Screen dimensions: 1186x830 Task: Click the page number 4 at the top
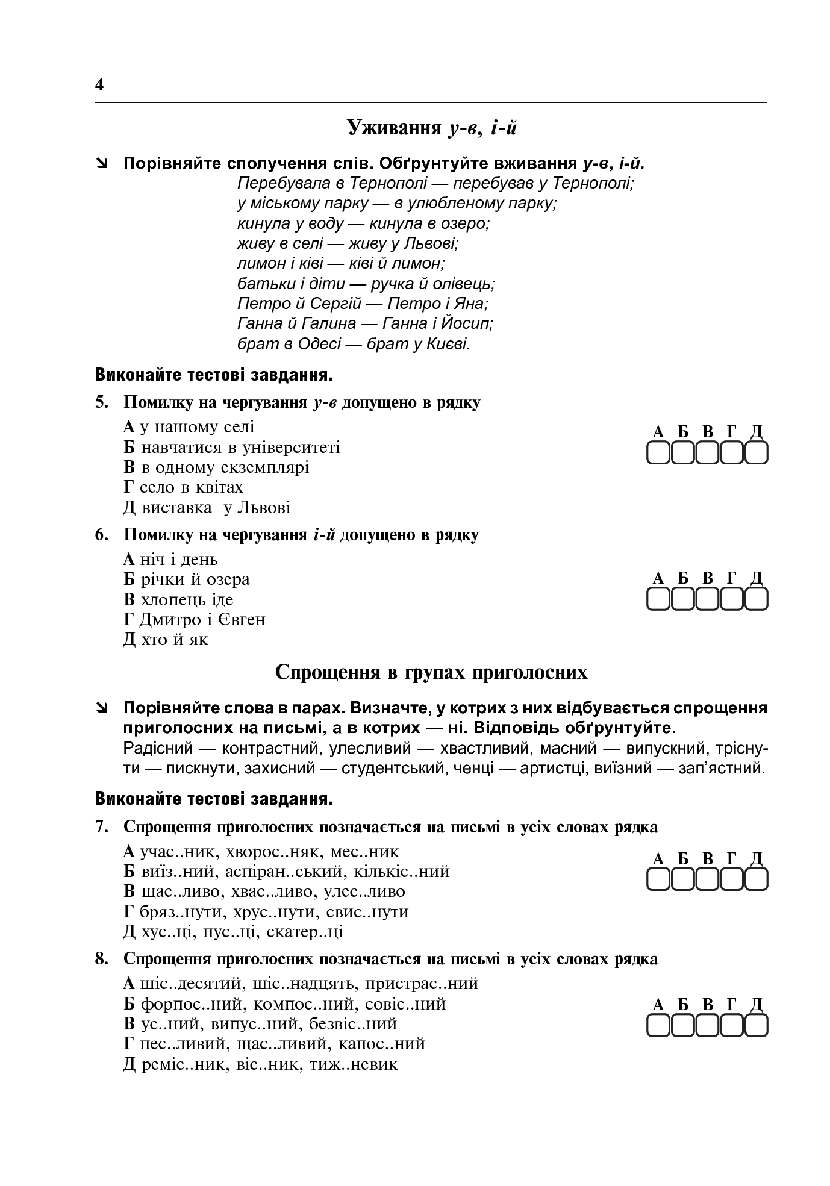coord(99,84)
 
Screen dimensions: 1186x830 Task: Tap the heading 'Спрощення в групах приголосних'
coord(431,672)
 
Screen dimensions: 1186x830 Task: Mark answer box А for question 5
coord(658,453)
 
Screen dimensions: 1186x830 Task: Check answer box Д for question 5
coord(757,453)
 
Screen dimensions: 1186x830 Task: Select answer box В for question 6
coord(707,599)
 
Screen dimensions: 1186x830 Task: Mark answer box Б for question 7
coord(682,879)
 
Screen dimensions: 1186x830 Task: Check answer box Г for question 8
coord(732,1025)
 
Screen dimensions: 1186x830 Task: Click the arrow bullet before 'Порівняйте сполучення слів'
coord(103,163)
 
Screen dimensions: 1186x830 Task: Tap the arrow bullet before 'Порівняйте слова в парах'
coord(103,708)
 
